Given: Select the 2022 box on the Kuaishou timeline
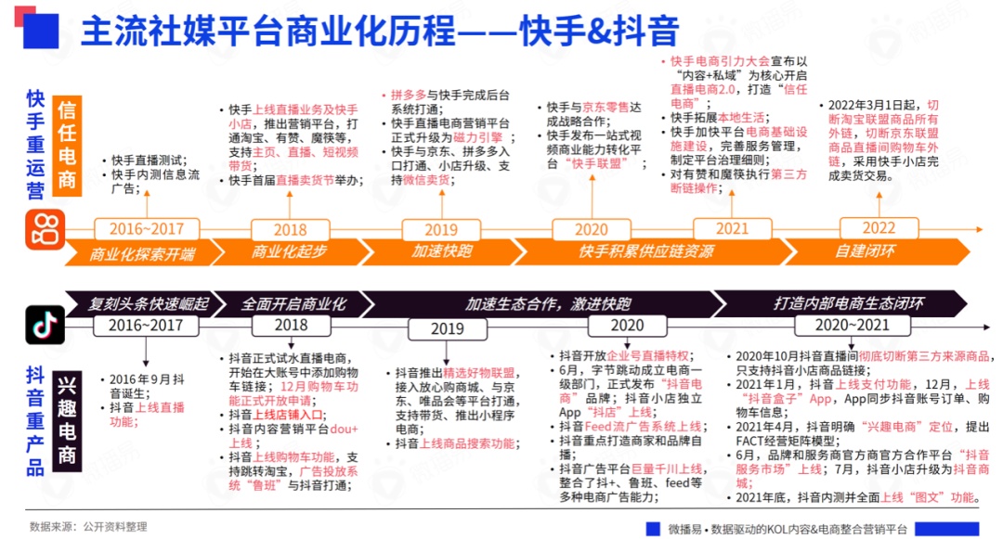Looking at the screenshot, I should [x=878, y=228].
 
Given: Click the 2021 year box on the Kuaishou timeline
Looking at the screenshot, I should [x=732, y=228].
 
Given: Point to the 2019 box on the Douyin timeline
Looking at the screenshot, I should [x=447, y=328].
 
